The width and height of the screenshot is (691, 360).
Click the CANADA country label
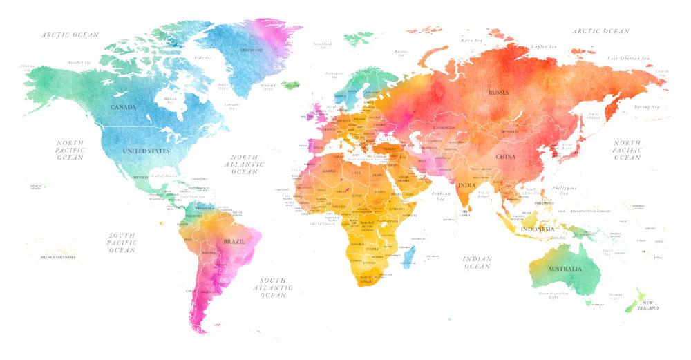coord(123,107)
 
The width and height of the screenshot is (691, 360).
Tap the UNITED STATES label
coord(146,151)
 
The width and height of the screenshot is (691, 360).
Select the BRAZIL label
coord(232,242)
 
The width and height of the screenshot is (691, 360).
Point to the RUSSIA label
coord(498,92)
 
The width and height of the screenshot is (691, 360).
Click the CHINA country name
coord(505,157)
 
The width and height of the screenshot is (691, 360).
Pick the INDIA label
coord(467,186)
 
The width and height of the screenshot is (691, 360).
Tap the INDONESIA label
coord(538,229)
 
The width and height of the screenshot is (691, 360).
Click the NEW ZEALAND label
coord(650,305)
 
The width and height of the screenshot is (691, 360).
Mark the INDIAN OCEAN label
coord(477,263)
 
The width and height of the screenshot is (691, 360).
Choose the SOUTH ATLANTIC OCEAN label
coord(272,287)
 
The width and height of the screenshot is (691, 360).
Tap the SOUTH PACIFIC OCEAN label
coord(122,242)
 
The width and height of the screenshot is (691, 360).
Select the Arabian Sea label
coord(439,196)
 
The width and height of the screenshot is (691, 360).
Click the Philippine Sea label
coord(565,191)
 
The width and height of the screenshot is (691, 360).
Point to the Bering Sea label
coord(647,107)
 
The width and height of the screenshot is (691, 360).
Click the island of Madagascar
coord(408,258)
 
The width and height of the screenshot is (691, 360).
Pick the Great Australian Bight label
coord(553,296)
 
